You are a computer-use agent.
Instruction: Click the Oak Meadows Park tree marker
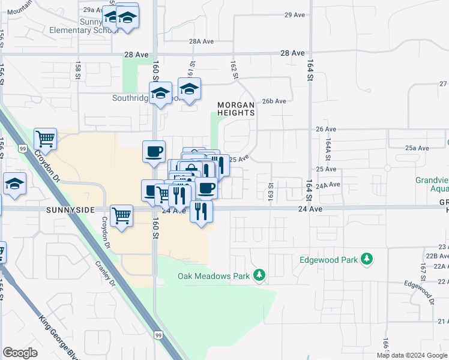tap(259, 275)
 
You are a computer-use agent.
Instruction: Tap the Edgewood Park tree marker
tap(366, 259)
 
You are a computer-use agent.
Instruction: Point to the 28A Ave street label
tap(202, 42)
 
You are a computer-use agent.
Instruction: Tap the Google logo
tap(20, 353)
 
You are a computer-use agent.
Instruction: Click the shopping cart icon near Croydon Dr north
tap(45, 140)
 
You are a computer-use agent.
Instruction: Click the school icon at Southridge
tap(160, 94)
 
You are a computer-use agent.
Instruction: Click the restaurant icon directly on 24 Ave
tap(201, 211)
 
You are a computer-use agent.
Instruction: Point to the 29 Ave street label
tap(295, 15)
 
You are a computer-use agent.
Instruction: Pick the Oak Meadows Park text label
tap(214, 277)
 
